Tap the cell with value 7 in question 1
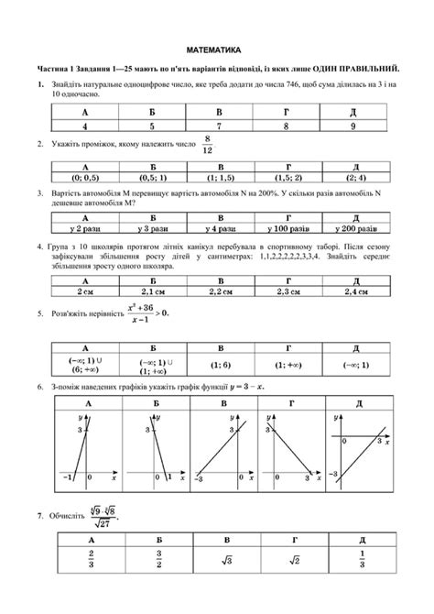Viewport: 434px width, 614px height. pyautogui.click(x=220, y=126)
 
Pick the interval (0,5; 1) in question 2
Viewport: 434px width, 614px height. pyautogui.click(x=152, y=178)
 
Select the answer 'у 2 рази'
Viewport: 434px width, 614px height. pyautogui.click(x=85, y=228)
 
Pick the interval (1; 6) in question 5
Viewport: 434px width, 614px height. pyautogui.click(x=220, y=365)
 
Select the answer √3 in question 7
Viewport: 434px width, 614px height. pyautogui.click(x=220, y=559)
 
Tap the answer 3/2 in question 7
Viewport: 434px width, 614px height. pyautogui.click(x=152, y=559)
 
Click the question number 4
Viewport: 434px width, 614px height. pyautogui.click(x=40, y=247)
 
